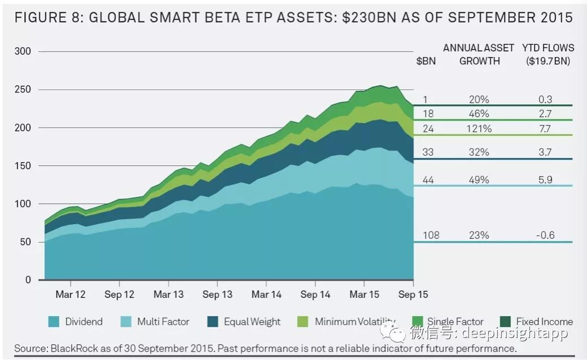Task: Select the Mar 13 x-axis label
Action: click(168, 295)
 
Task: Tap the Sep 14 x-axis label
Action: click(316, 295)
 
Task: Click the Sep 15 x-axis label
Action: click(413, 295)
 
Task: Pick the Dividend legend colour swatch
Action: click(54, 322)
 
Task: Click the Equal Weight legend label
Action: click(252, 322)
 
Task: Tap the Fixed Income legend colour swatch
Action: click(504, 322)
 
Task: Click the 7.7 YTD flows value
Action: click(545, 129)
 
